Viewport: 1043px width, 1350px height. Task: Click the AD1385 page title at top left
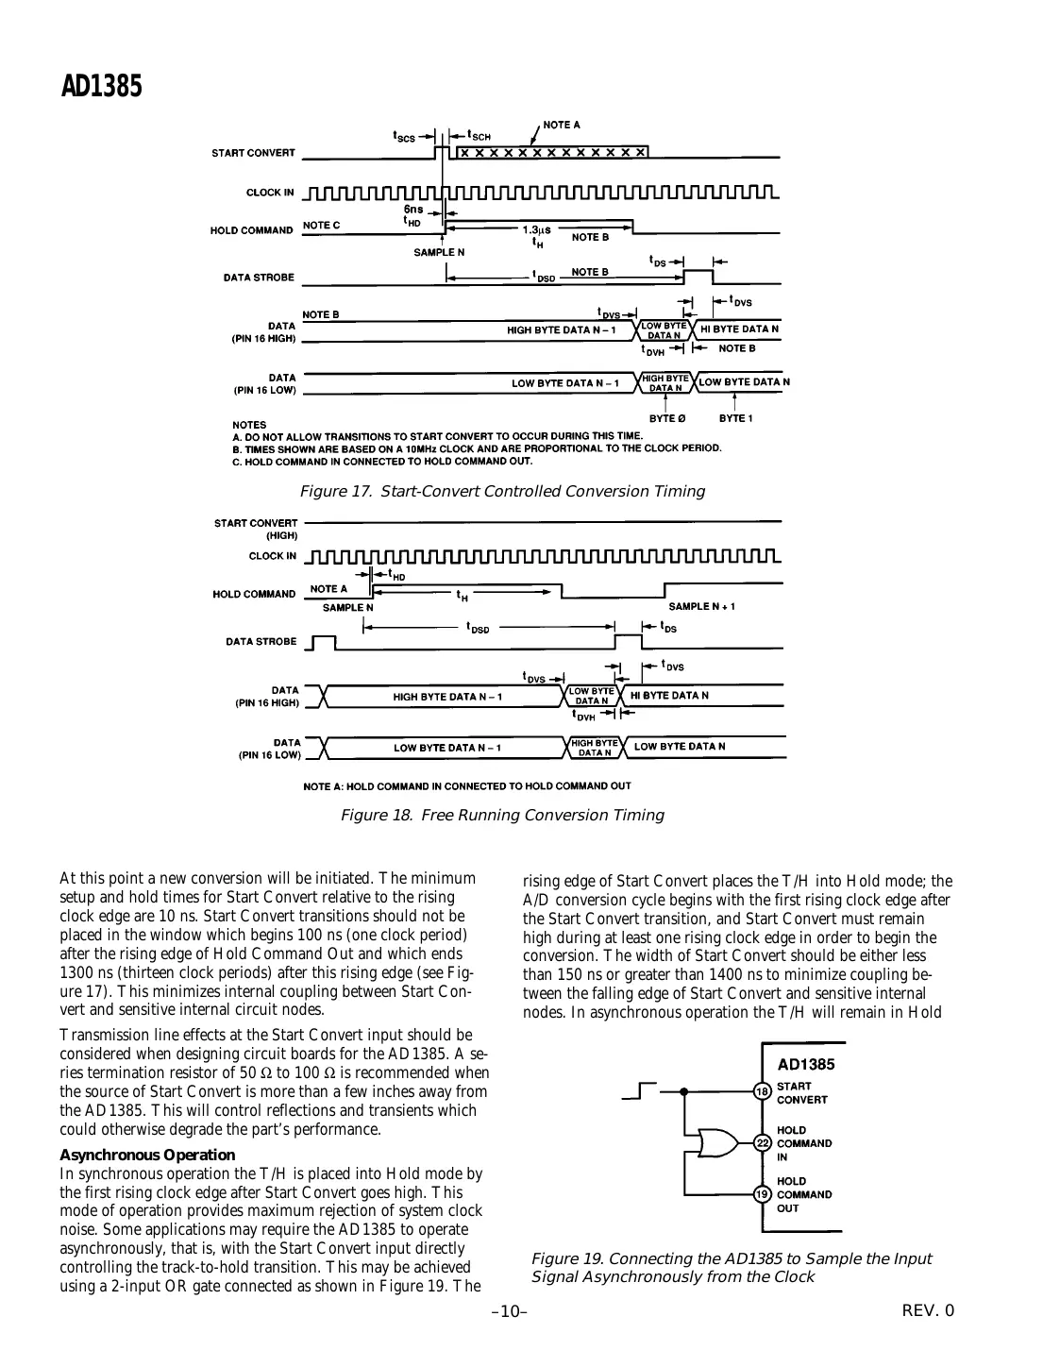(101, 87)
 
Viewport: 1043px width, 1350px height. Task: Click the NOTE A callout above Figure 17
(562, 125)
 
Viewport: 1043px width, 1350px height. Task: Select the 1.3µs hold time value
(536, 229)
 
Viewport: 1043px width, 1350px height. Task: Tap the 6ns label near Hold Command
(413, 209)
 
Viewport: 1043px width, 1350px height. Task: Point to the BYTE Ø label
(666, 418)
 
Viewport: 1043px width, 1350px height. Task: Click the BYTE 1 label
(735, 418)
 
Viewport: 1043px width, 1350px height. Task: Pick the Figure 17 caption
(501, 492)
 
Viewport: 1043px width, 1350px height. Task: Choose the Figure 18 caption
(501, 816)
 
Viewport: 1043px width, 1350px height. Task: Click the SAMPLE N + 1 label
(701, 606)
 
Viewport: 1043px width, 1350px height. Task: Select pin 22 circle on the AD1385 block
(763, 1143)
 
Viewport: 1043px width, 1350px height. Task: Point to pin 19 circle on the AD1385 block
(763, 1194)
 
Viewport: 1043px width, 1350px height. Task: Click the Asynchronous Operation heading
(147, 1155)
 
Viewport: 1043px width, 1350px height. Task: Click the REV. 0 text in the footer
(928, 1310)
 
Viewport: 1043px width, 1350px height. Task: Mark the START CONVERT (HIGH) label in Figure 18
(256, 529)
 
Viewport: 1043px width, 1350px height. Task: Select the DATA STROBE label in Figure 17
(259, 278)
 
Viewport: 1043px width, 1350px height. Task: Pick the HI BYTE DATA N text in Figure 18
(669, 696)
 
